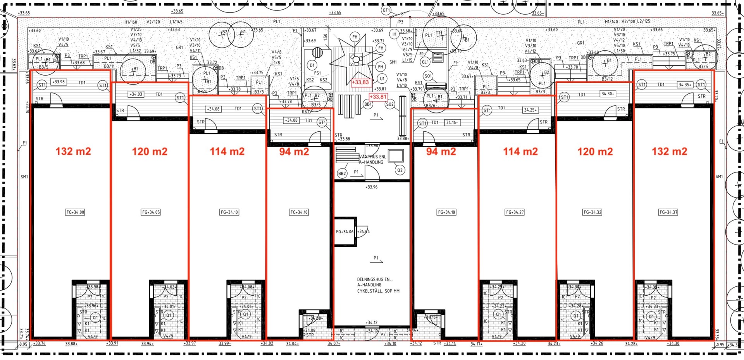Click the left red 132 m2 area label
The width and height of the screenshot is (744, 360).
click(73, 151)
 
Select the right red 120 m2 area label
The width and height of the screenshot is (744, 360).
click(595, 152)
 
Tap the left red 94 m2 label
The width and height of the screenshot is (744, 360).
click(294, 152)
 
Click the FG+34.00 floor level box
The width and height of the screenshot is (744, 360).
click(75, 212)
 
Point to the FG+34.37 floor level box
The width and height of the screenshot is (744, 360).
click(668, 212)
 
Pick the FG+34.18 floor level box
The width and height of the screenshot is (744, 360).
click(446, 212)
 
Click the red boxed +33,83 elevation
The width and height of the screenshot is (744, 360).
click(360, 82)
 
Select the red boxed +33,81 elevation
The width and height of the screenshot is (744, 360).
click(378, 97)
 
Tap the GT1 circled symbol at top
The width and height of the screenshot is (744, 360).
click(386, 10)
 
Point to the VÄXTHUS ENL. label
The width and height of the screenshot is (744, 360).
click(372, 157)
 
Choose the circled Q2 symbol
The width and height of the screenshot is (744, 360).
click(400, 170)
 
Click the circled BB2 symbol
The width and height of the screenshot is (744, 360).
click(342, 174)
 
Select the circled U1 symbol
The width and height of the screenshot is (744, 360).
click(382, 79)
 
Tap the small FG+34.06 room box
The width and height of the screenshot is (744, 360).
click(344, 232)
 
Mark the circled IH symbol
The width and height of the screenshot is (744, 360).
click(394, 34)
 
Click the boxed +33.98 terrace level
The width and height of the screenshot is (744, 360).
click(59, 82)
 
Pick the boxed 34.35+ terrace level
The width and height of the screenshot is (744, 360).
click(685, 84)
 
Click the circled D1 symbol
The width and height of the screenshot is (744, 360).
click(312, 65)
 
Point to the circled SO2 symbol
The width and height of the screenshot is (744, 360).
click(390, 104)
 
